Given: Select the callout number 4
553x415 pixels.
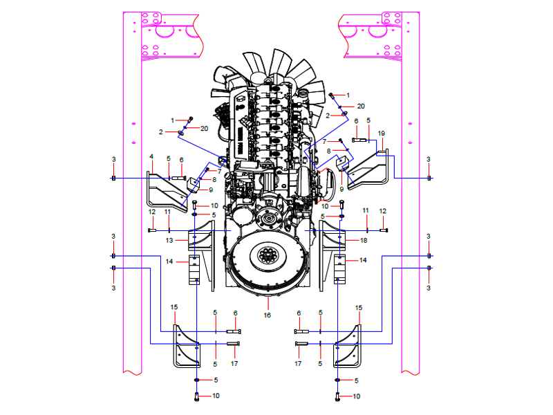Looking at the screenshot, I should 151,156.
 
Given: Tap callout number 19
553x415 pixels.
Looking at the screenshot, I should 382,133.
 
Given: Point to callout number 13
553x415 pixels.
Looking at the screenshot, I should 169,240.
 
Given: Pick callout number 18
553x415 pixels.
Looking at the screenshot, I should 364,240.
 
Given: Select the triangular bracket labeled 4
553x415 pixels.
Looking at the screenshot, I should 166,190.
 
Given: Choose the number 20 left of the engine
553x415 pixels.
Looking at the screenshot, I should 205,129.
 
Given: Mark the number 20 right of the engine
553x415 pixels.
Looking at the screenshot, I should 361,107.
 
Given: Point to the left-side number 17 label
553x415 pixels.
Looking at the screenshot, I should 234,363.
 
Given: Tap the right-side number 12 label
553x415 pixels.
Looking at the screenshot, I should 382,210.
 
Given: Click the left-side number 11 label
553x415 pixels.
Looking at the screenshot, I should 167,211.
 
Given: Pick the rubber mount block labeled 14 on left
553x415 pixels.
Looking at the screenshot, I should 195,270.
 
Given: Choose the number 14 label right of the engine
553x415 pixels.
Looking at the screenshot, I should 364,260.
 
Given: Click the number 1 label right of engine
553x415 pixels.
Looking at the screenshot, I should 348,95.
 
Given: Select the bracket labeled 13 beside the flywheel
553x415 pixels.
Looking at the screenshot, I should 195,242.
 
